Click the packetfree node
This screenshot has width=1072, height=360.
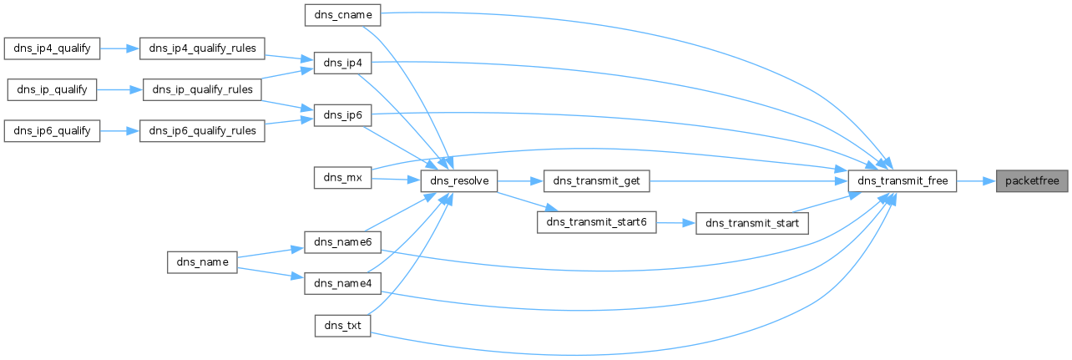(x=1032, y=180)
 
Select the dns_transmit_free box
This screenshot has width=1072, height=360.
(x=902, y=180)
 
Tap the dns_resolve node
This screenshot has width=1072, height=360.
(x=459, y=180)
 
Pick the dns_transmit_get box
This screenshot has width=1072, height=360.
(x=596, y=180)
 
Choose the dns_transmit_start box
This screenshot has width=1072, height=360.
(x=752, y=222)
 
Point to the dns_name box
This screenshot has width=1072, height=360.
(x=203, y=261)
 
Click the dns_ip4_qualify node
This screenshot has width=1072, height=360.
(x=52, y=47)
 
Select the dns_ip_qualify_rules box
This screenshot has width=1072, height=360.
(x=203, y=89)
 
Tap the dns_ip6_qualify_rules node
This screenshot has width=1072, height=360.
(x=203, y=130)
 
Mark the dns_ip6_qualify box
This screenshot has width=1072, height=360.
(x=52, y=130)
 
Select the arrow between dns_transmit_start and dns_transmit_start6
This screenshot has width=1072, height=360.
(x=676, y=223)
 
